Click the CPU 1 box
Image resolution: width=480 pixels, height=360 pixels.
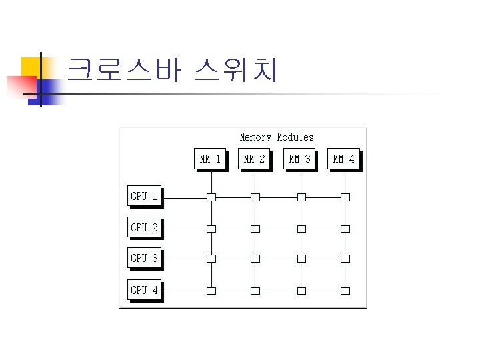pos(144,196)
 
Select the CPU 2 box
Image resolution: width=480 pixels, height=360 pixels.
pos(144,227)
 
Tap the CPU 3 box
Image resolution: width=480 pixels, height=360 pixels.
pos(144,258)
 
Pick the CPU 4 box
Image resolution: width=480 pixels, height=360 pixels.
pos(144,290)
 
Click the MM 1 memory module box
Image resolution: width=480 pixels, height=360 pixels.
pos(210,159)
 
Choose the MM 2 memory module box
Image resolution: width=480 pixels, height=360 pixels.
pos(254,159)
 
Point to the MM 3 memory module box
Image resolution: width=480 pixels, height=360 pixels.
pos(299,159)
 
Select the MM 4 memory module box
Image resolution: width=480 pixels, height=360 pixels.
pos(344,159)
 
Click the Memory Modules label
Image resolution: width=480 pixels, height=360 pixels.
pos(276,137)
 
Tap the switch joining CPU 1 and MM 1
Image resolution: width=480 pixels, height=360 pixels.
pos(211,197)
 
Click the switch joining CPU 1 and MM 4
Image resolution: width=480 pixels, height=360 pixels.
pos(345,197)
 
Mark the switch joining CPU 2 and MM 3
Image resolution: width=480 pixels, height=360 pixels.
pos(301,229)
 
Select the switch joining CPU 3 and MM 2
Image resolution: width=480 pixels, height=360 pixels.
pos(255,259)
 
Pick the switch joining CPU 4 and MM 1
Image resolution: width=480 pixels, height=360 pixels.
pos(211,291)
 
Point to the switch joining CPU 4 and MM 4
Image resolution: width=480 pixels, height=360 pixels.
pos(345,291)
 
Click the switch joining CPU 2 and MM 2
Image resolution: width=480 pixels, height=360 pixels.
pos(255,229)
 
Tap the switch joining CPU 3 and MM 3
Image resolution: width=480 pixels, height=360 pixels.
pos(301,259)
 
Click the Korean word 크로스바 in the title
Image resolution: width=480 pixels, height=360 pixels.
pos(124,70)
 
